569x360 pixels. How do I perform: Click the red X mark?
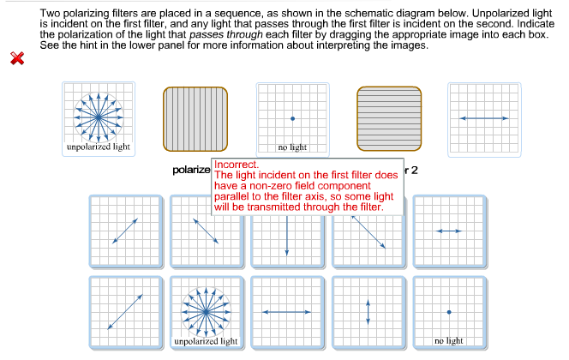tap(17, 58)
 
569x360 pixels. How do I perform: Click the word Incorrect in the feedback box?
tap(237, 164)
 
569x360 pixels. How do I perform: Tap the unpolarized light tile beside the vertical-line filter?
tap(99, 118)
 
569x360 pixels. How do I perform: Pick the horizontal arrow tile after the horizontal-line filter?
tap(483, 118)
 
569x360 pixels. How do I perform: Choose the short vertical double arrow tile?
tap(368, 311)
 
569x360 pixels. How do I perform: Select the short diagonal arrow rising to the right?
tap(124, 231)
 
